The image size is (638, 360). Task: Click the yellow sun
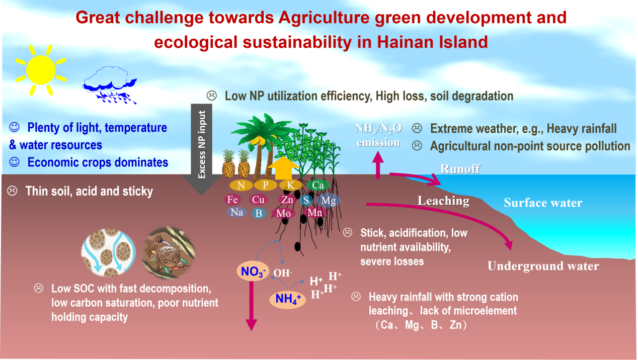(x=41, y=70)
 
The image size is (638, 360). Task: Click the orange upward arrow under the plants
(x=283, y=168)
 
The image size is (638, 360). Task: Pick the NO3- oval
(x=253, y=271)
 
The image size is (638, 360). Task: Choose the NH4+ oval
(x=287, y=299)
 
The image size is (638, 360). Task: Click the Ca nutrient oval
(x=318, y=185)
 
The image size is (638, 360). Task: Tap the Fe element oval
(x=232, y=200)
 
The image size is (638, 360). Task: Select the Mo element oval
(x=283, y=214)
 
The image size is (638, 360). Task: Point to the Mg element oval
(x=329, y=200)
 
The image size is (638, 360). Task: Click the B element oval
(x=259, y=213)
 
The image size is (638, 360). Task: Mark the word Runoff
(x=460, y=169)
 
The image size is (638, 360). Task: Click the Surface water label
(x=543, y=203)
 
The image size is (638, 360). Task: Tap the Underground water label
(x=543, y=266)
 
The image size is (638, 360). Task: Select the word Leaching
(x=443, y=201)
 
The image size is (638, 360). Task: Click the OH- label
(x=283, y=273)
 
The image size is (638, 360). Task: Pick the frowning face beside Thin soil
(x=12, y=191)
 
